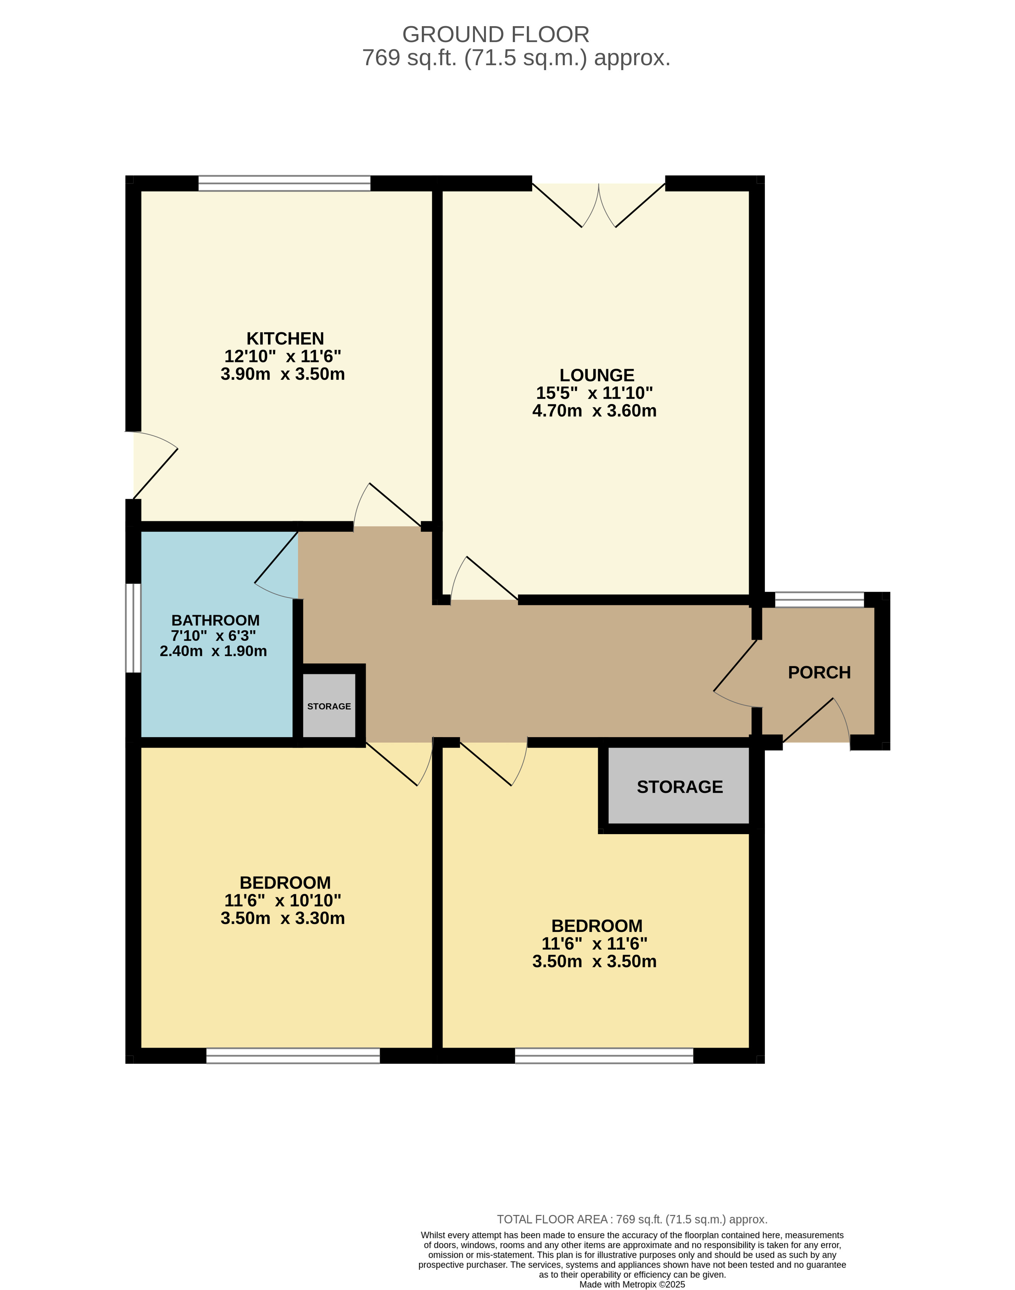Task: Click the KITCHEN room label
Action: tap(285, 339)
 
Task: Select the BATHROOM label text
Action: tap(215, 620)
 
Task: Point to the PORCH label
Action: tap(819, 673)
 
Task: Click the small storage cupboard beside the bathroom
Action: tap(329, 706)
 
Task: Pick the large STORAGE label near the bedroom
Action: tap(680, 787)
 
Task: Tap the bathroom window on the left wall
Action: tap(133, 628)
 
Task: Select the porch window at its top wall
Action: tap(819, 600)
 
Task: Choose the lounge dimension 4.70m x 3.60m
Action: tap(594, 411)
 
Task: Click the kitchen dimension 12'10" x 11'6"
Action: tap(283, 357)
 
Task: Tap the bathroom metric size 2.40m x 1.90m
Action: tap(213, 651)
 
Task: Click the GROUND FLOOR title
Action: tap(496, 34)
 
